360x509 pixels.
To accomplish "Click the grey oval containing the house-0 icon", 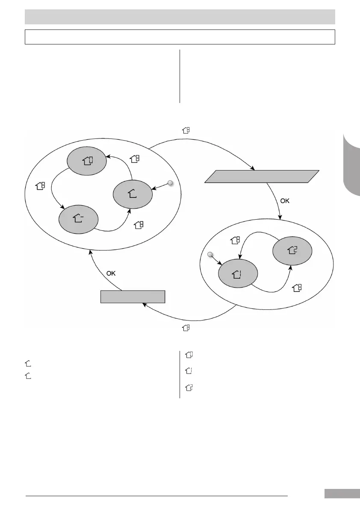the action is click(x=87, y=161).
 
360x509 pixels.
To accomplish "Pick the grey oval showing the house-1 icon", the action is click(x=238, y=274).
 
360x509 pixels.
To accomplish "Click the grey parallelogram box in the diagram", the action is click(x=262, y=177).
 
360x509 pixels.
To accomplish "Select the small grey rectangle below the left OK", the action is click(x=133, y=296).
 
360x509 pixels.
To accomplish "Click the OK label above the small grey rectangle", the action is click(x=111, y=273).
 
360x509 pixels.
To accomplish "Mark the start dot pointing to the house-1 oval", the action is click(x=210, y=255).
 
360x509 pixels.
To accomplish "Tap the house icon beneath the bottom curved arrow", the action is click(x=186, y=328).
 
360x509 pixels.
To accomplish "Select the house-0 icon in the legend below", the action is click(x=189, y=355).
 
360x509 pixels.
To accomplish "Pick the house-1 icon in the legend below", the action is click(x=189, y=371).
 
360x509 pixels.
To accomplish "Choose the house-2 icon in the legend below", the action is click(x=189, y=388).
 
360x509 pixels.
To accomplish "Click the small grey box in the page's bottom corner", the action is click(x=342, y=494).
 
